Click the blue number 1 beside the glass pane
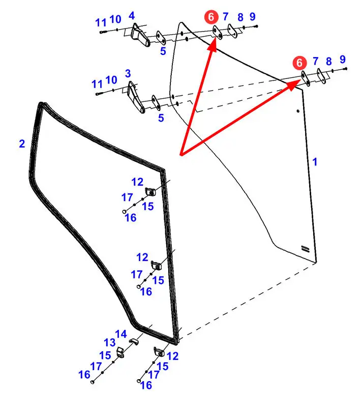[315, 162]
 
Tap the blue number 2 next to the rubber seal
[22, 144]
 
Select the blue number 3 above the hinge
[128, 74]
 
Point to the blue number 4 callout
[132, 16]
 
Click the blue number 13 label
[110, 343]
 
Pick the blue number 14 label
[121, 334]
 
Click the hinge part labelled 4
[139, 36]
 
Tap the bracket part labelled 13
[121, 352]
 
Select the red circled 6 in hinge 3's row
[300, 63]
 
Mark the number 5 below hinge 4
[163, 51]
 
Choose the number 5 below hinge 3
[161, 118]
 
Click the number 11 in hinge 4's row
[101, 22]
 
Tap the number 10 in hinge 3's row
[111, 80]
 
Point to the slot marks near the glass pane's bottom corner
[305, 248]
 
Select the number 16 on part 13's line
[84, 375]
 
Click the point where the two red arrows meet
[181, 154]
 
